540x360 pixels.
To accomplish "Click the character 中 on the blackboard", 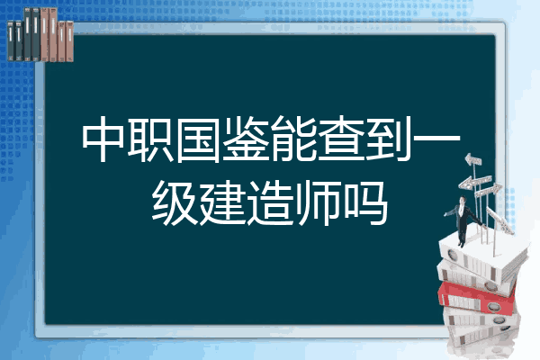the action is [103, 139].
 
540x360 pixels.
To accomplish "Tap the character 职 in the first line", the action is [151, 139].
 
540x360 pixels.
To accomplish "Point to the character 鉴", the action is [245, 139].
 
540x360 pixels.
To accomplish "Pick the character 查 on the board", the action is [339, 139].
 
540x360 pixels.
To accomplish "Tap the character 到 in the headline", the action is [387, 139].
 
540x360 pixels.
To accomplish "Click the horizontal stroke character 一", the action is [436, 139].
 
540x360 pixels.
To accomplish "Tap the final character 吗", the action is [364, 203].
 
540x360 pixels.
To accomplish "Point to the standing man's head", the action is [463, 200].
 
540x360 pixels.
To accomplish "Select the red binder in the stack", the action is [477, 298].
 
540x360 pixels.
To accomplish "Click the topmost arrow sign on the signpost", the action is [473, 160].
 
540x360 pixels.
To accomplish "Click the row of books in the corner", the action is [40, 34].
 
